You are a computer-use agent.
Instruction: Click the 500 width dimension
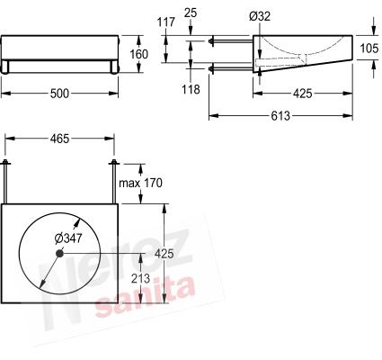[59, 94]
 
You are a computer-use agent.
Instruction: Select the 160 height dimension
[138, 54]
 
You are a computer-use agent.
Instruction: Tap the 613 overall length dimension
[280, 116]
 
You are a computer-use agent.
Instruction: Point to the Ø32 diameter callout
[260, 16]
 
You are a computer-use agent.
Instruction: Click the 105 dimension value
[369, 49]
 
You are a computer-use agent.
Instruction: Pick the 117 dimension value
[165, 22]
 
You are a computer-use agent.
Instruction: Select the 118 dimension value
[191, 89]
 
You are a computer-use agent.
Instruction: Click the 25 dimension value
[191, 13]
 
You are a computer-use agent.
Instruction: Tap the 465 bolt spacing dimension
[59, 139]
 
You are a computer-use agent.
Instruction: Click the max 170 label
[140, 183]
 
